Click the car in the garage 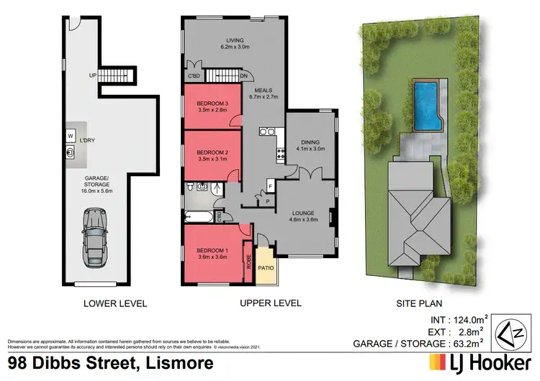[96, 234]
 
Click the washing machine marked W [71, 134]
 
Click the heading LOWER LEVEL [116, 303]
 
